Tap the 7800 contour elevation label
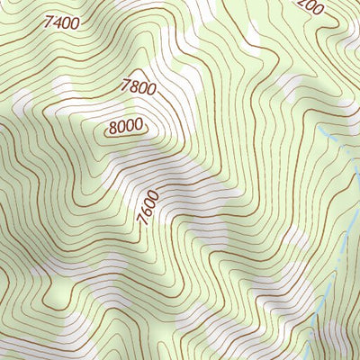[x=139, y=87]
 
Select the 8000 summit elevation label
[x=127, y=128]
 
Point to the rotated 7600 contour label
[x=149, y=209]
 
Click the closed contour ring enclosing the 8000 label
[x=127, y=118]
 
